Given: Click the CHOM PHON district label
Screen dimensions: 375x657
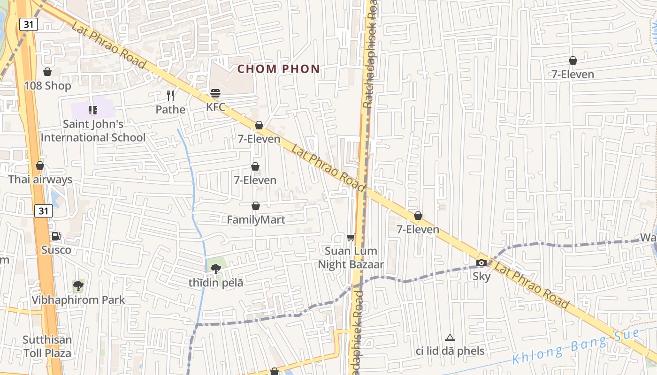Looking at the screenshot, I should tap(278, 69).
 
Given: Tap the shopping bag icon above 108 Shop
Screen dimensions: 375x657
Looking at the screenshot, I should tap(47, 72).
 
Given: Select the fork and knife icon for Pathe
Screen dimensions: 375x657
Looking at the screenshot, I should tap(170, 96).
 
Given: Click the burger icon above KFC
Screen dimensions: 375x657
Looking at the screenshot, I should tap(215, 93).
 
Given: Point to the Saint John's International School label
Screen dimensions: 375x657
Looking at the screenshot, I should tap(93, 131).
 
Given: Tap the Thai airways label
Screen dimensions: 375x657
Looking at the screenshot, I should tap(40, 180).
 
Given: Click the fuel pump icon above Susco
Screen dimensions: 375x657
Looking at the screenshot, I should tap(56, 236).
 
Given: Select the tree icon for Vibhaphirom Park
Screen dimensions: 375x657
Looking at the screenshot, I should tap(78, 285).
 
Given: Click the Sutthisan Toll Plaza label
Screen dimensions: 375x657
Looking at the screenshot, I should tap(47, 346).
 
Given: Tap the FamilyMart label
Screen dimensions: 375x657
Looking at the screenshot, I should tap(256, 220).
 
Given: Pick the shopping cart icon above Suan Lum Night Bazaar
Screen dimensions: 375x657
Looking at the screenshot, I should tap(351, 238).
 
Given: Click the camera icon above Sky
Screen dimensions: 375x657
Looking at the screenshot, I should tap(481, 262).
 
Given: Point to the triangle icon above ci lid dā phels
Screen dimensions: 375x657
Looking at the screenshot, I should tap(450, 337).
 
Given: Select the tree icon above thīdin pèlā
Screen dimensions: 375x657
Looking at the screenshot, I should tap(215, 269).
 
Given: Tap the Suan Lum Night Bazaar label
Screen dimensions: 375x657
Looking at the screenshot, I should tap(351, 258).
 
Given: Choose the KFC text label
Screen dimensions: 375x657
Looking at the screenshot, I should tap(216, 107).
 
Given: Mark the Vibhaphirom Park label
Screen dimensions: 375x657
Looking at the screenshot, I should tap(78, 300).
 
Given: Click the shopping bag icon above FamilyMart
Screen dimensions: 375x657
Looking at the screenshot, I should tap(256, 206).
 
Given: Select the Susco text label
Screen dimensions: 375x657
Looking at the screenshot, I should tap(56, 250).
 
